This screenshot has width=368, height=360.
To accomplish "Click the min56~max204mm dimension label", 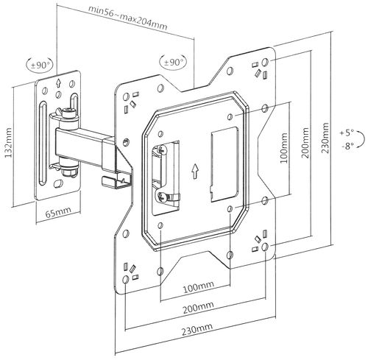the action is point(128,18).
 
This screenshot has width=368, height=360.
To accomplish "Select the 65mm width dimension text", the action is point(58,213).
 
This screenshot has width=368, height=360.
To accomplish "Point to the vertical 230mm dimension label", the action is point(325,138).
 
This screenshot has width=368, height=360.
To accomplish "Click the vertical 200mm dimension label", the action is point(305,143).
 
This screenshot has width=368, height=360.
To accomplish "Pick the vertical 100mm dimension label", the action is point(283,148).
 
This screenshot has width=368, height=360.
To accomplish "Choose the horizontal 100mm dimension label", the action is point(199,287).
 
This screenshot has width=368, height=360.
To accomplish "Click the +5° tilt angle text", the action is point(347,133).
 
